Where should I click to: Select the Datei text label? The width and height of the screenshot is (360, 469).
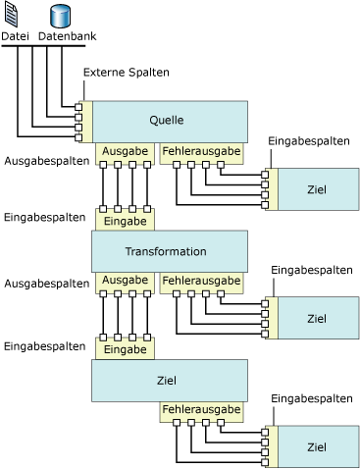[x=17, y=37]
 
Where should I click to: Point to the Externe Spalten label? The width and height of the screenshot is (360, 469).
[x=127, y=73]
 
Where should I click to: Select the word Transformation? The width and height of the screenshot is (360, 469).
[x=166, y=252]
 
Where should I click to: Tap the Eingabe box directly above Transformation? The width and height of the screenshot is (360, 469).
[x=125, y=222]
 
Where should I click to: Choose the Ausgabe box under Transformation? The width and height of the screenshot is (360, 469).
[x=125, y=282]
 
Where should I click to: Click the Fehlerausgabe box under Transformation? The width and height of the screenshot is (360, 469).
[x=201, y=282]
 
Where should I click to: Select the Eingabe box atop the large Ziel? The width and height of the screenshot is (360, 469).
[x=125, y=348]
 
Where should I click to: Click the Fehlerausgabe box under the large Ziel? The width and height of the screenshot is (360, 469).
[x=201, y=410]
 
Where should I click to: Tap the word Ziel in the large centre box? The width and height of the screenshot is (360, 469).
[x=167, y=380]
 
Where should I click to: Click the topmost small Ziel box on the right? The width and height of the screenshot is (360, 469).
[x=316, y=187]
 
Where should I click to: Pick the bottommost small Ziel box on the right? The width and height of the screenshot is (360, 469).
[x=316, y=447]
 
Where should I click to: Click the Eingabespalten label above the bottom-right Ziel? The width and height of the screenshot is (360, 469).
[x=311, y=398]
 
